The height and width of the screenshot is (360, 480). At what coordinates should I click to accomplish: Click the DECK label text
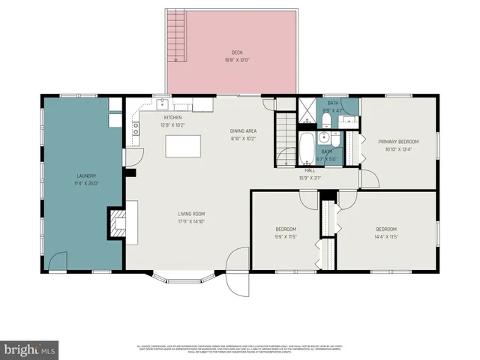[x=236, y=52]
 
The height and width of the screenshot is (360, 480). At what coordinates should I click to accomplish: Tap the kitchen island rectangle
[x=183, y=145]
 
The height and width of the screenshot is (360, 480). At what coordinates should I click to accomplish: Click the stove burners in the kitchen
[x=136, y=128]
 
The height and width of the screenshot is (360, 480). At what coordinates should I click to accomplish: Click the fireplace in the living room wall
[x=117, y=223]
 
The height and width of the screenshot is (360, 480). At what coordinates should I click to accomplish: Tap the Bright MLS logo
[x=30, y=349]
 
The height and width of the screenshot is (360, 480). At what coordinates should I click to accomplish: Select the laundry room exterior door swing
[x=58, y=261]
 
